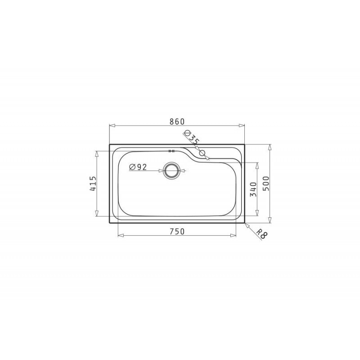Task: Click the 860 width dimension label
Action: pyautogui.click(x=177, y=121)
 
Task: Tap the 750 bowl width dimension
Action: pyautogui.click(x=177, y=231)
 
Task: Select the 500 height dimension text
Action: pyautogui.click(x=265, y=184)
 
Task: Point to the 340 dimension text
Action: pyautogui.click(x=253, y=189)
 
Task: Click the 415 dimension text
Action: pyautogui.click(x=93, y=184)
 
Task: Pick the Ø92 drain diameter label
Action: pyautogui.click(x=138, y=167)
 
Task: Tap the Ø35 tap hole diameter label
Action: pyautogui.click(x=191, y=137)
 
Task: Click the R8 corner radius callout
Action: pyautogui.click(x=261, y=233)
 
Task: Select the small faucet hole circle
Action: pyautogui.click(x=202, y=153)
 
